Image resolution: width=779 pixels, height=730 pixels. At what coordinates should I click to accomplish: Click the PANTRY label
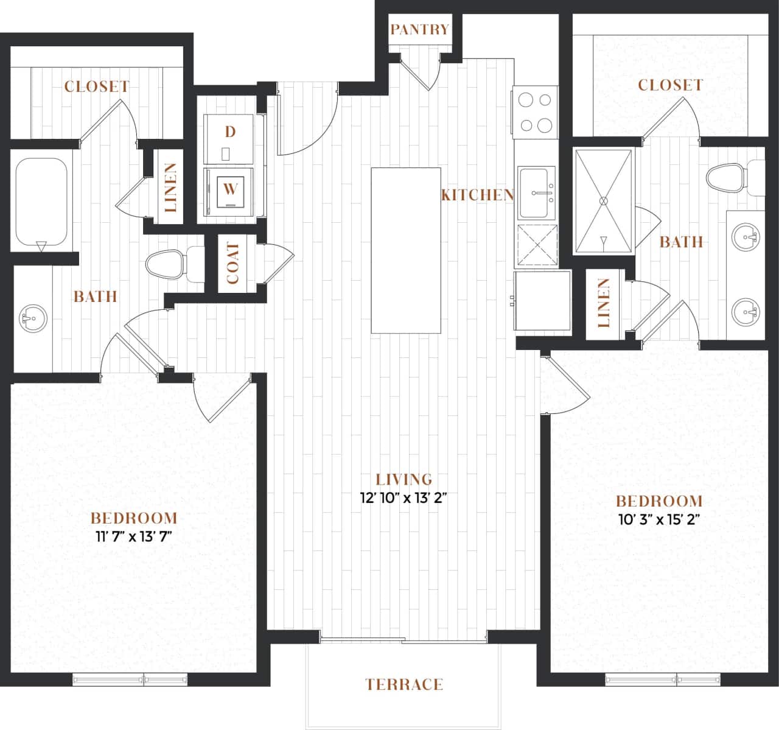pyautogui.click(x=419, y=29)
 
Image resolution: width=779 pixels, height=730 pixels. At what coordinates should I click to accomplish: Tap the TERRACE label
pyautogui.click(x=404, y=684)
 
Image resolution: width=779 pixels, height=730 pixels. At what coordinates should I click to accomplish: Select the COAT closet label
pyautogui.click(x=233, y=264)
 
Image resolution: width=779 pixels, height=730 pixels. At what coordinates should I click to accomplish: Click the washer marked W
pyautogui.click(x=229, y=189)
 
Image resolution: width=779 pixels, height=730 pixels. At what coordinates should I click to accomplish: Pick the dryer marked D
pyautogui.click(x=229, y=136)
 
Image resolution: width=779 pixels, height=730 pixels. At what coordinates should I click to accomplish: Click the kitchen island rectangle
pyautogui.click(x=406, y=250)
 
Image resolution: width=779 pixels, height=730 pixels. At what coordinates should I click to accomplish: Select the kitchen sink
pyautogui.click(x=536, y=194)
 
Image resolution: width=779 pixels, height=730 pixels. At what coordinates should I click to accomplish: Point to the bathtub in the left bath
pyautogui.click(x=41, y=202)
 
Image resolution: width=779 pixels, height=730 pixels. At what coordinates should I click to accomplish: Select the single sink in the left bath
pyautogui.click(x=33, y=318)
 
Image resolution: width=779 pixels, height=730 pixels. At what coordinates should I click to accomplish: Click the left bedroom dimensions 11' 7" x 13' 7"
pyautogui.click(x=133, y=537)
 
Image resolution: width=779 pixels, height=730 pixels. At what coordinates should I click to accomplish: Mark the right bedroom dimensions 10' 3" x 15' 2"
pyautogui.click(x=660, y=520)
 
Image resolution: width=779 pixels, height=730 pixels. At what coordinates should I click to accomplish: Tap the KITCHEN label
pyautogui.click(x=478, y=195)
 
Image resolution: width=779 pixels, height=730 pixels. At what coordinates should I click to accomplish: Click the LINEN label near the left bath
pyautogui.click(x=171, y=188)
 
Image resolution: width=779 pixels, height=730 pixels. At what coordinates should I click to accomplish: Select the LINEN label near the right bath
pyautogui.click(x=603, y=303)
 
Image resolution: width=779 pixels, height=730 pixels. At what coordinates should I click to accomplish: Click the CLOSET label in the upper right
pyautogui.click(x=670, y=85)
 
